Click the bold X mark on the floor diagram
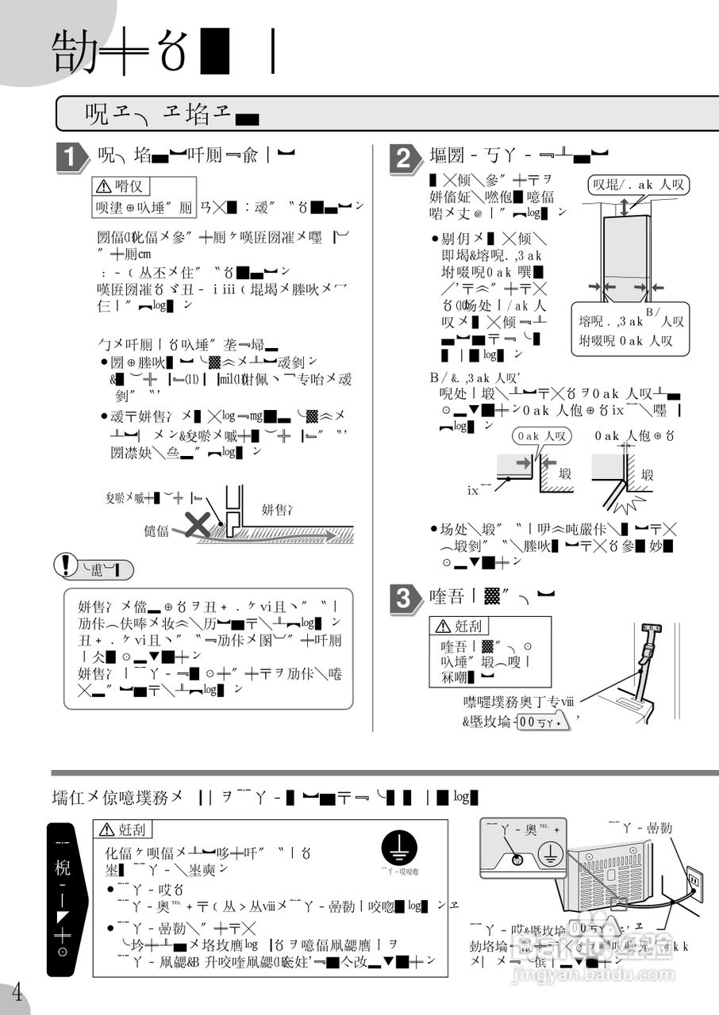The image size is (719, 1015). pos(197,523)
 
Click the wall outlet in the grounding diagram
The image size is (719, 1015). pos(693,880)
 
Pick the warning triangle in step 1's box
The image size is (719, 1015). pos(104,186)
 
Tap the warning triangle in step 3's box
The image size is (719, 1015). pos(440,626)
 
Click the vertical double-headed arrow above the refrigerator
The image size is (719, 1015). pos(625,207)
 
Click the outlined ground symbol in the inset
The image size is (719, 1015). pos(549,856)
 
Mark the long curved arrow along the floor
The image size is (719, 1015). pos(262,539)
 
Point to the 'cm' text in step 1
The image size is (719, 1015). pos(144,254)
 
